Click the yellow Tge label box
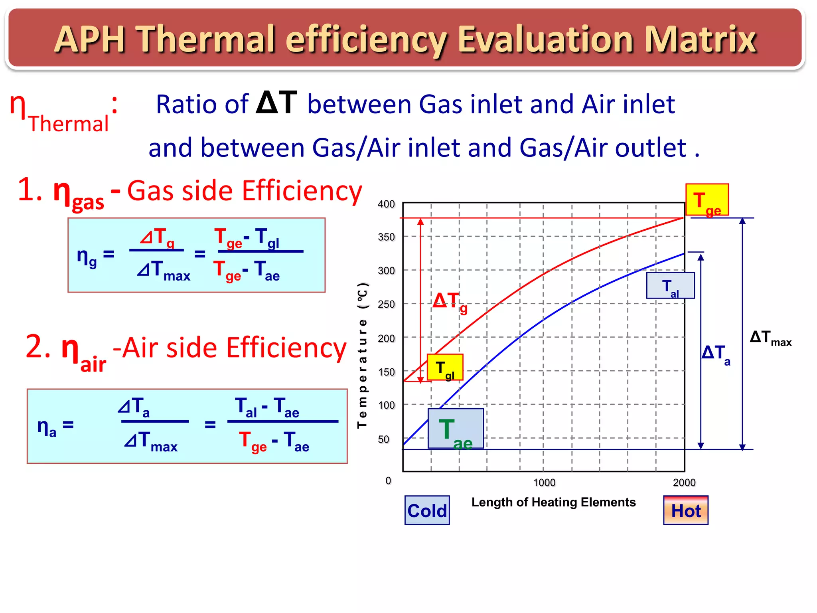pyautogui.click(x=707, y=200)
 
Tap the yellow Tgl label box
pyautogui.click(x=445, y=367)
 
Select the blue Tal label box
pyautogui.click(x=670, y=286)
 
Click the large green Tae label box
pyautogui.click(x=455, y=429)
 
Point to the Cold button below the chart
pyautogui.click(x=427, y=510)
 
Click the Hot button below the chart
pyautogui.click(x=686, y=510)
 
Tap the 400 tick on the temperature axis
pyautogui.click(x=386, y=204)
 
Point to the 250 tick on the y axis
pyautogui.click(x=386, y=305)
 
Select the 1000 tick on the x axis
pyautogui.click(x=544, y=482)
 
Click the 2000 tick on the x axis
pyautogui.click(x=684, y=482)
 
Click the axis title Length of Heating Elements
pyautogui.click(x=553, y=502)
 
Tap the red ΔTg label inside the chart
pyautogui.click(x=450, y=302)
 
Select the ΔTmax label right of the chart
pyautogui.click(x=770, y=338)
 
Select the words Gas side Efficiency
pyautogui.click(x=245, y=191)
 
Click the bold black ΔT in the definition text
pyautogui.click(x=276, y=103)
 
